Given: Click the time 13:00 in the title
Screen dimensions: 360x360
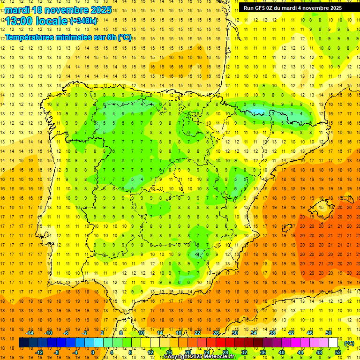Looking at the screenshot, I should coord(19,21).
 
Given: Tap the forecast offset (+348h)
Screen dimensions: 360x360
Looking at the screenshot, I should coord(83,21).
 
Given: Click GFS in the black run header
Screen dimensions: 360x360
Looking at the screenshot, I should coord(259,8).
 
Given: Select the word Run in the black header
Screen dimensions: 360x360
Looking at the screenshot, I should coord(248,8).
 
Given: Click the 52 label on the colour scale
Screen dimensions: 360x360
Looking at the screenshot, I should coord(338,352).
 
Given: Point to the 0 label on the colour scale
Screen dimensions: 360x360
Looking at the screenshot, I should coord(93,352).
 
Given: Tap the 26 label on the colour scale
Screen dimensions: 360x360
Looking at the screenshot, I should coord(216,333).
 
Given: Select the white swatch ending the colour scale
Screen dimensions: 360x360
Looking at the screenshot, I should coord(333,343).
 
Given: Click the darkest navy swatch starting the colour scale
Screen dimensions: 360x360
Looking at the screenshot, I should coord(23,343).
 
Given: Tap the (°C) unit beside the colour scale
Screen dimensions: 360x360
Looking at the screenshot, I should coord(349,343).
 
